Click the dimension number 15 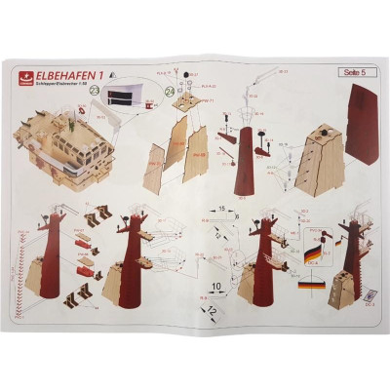222,208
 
